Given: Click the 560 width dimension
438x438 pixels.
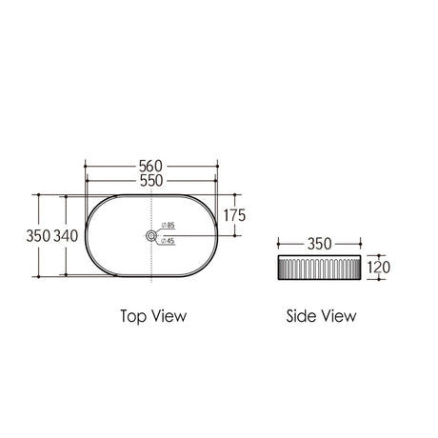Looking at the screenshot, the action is click(x=150, y=166).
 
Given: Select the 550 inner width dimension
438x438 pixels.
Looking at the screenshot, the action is click(x=151, y=181).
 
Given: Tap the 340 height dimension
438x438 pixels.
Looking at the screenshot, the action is click(x=66, y=236).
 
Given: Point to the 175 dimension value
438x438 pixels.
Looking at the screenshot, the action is click(x=234, y=215).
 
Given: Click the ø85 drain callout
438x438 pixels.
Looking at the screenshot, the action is click(x=169, y=225).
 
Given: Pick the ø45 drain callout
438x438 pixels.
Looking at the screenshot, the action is click(x=168, y=241).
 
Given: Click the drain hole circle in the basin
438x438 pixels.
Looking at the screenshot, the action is click(x=151, y=235).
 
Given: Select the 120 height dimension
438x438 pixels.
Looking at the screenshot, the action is click(x=379, y=268).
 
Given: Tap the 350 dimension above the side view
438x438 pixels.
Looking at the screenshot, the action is click(x=319, y=244).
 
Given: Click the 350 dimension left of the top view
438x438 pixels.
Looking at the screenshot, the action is click(x=38, y=236).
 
